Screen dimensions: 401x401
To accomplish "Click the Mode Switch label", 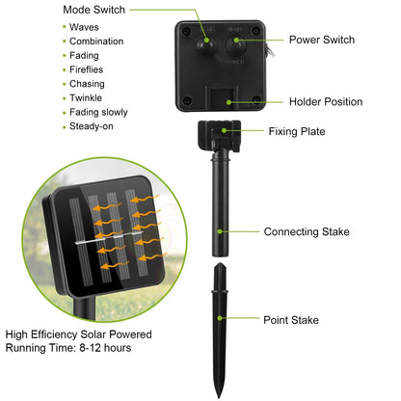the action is [x=94, y=10].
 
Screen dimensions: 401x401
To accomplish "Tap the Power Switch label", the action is [x=322, y=40].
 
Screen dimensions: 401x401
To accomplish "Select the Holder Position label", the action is [x=326, y=102].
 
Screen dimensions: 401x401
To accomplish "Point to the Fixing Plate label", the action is [x=297, y=131].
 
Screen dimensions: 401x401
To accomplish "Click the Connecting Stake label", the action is [x=307, y=231].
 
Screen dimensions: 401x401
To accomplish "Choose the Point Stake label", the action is [x=291, y=320].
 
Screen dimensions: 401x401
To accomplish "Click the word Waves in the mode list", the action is [x=84, y=27].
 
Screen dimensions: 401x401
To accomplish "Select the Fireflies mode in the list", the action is [x=86, y=69].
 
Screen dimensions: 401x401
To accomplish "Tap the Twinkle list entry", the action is [x=86, y=97].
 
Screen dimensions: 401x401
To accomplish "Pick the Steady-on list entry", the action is [x=92, y=126].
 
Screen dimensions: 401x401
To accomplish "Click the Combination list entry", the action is [x=96, y=41].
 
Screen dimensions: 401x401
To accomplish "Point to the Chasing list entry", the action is [x=87, y=84].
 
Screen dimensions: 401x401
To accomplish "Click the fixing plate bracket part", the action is [x=220, y=136].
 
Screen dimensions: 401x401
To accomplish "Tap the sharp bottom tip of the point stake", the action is [x=220, y=397].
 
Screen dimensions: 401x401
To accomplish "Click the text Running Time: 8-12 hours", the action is [x=68, y=348].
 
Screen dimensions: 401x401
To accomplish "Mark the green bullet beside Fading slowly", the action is [x=65, y=113].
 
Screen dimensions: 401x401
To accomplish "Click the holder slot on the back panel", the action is [x=224, y=98].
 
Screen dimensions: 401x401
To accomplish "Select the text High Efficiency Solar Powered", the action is [x=79, y=334].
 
